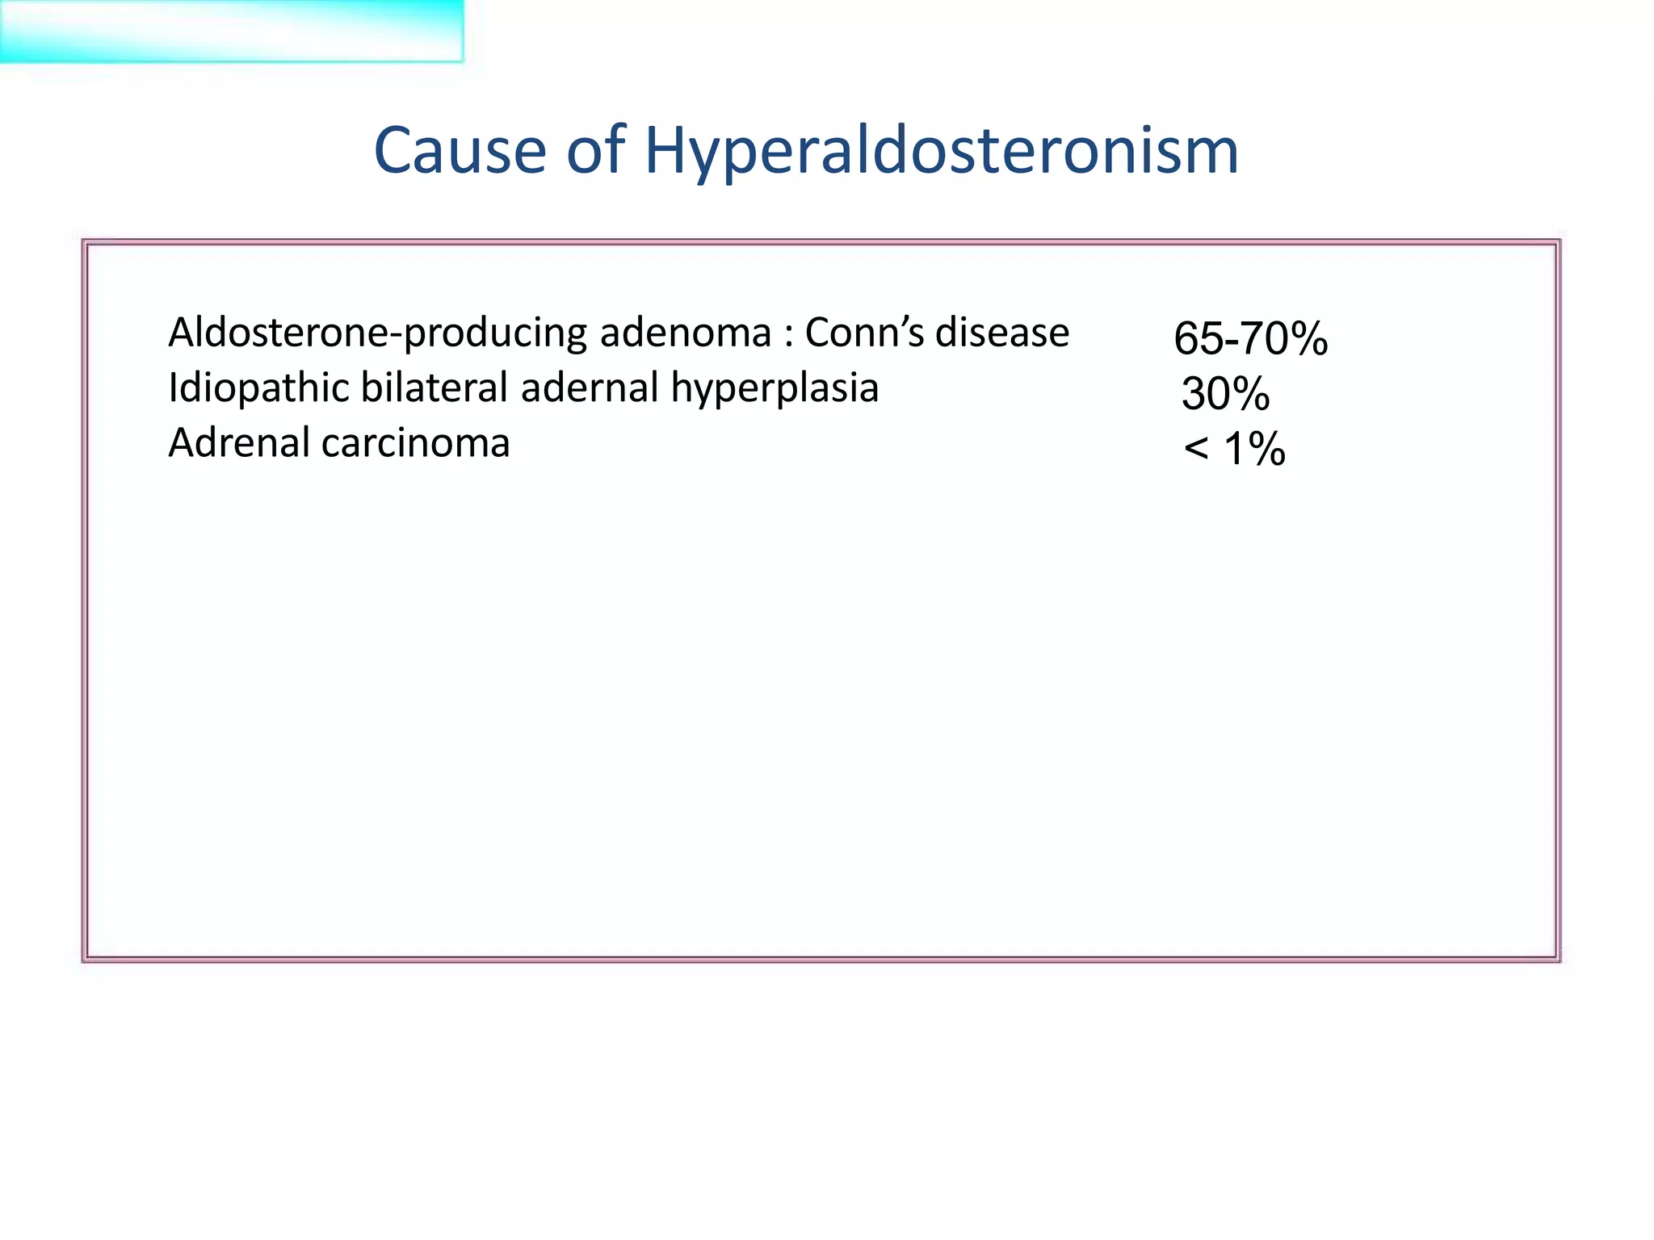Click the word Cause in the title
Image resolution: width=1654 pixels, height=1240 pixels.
(x=460, y=151)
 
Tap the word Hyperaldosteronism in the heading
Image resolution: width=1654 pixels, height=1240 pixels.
(x=941, y=151)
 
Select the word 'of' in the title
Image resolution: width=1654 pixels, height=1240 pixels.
(x=596, y=151)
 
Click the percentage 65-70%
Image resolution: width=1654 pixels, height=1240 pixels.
(x=1250, y=338)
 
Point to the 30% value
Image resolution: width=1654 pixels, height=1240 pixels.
(x=1225, y=394)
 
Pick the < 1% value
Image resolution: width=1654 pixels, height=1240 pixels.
(x=1234, y=449)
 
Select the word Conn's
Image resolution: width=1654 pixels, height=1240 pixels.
(x=863, y=333)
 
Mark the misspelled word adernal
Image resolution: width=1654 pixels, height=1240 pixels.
(x=590, y=388)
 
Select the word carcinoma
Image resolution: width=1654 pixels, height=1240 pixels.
(x=416, y=443)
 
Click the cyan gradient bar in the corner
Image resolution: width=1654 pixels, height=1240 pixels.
(x=231, y=31)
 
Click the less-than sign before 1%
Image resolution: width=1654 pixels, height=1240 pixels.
(x=1196, y=450)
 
